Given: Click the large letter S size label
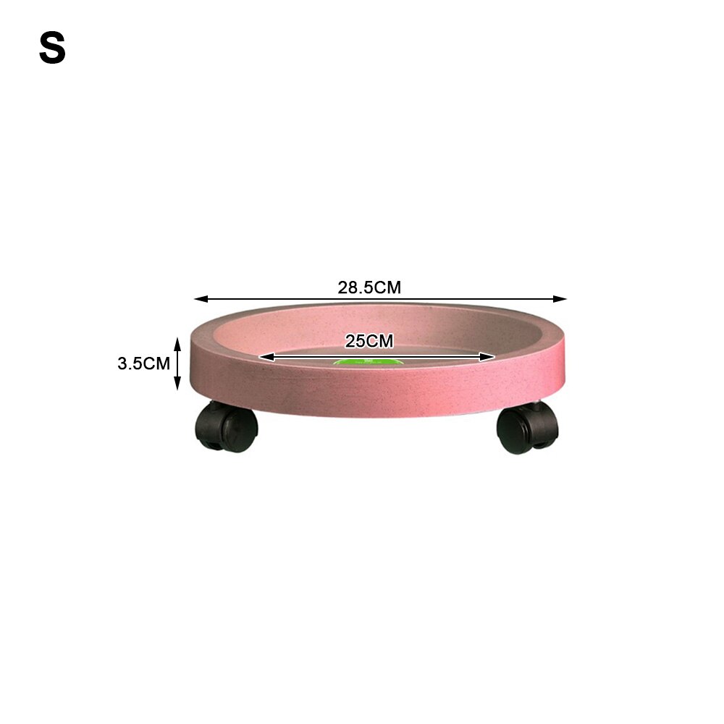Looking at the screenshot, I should pyautogui.click(x=52, y=48).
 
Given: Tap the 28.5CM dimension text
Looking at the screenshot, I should pyautogui.click(x=369, y=287).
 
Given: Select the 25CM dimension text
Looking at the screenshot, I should pyautogui.click(x=369, y=341).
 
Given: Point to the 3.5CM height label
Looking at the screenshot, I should pyautogui.click(x=143, y=363).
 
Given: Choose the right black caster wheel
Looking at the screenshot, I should pyautogui.click(x=527, y=429).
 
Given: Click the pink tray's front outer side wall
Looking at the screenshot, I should pyautogui.click(x=376, y=395).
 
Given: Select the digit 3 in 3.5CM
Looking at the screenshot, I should pyautogui.click(x=122, y=363).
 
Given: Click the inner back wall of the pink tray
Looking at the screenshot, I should pyautogui.click(x=376, y=326).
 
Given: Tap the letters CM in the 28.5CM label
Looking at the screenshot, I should pyautogui.click(x=389, y=287).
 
